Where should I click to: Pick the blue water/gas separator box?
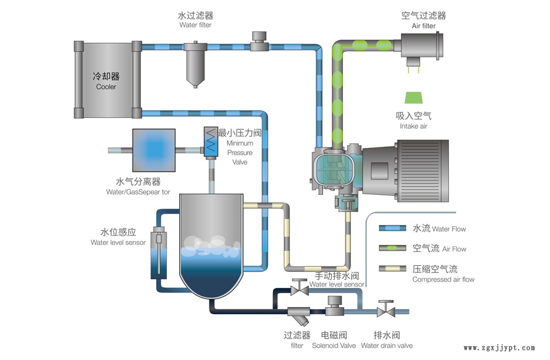154,149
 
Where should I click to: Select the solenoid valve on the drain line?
334,306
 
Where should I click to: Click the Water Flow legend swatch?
391,228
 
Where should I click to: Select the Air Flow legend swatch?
391,249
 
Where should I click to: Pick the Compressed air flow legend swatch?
391,269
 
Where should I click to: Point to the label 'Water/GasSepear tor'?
138,192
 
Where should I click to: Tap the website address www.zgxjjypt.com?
499,348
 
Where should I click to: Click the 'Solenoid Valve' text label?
333,346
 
